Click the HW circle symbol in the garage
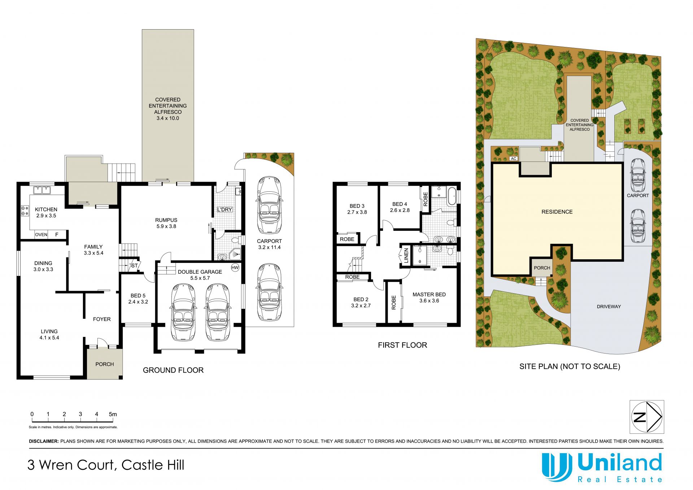(235, 268)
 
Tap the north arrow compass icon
(647, 417)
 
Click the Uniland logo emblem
(557, 467)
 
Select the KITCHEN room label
(46, 209)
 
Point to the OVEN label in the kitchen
(41, 235)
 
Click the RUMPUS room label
(166, 220)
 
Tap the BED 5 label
(138, 295)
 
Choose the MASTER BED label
(429, 294)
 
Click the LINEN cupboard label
(406, 255)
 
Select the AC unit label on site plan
(514, 159)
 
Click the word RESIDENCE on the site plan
(557, 212)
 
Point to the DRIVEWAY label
(609, 307)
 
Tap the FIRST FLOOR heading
(402, 345)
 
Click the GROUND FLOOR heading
(173, 370)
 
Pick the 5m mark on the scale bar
(113, 414)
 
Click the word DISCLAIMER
(44, 441)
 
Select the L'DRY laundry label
(225, 209)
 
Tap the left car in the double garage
(183, 312)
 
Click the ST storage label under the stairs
(134, 266)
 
